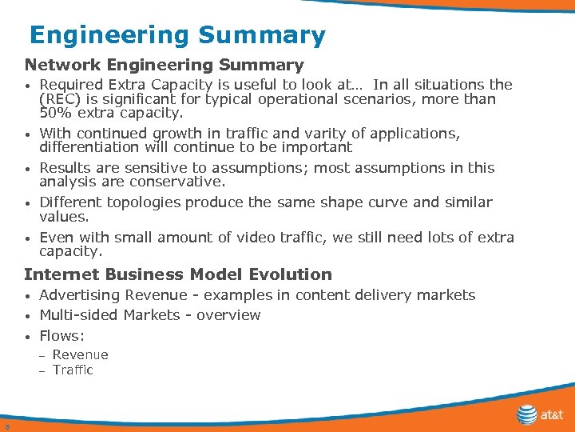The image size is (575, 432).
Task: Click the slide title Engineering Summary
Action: pyautogui.click(x=177, y=36)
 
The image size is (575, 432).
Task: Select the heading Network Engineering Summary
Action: pyautogui.click(x=164, y=66)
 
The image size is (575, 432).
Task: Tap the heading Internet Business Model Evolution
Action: pyautogui.click(x=177, y=274)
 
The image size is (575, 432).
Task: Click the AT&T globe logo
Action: pyautogui.click(x=527, y=415)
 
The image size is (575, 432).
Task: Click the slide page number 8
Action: pyautogui.click(x=6, y=426)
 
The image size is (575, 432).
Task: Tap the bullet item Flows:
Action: pyautogui.click(x=61, y=335)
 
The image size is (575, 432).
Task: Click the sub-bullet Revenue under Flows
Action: pyautogui.click(x=80, y=355)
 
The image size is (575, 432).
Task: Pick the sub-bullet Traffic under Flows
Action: pyautogui.click(x=73, y=370)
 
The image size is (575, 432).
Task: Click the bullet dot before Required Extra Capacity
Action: pyautogui.click(x=28, y=86)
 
